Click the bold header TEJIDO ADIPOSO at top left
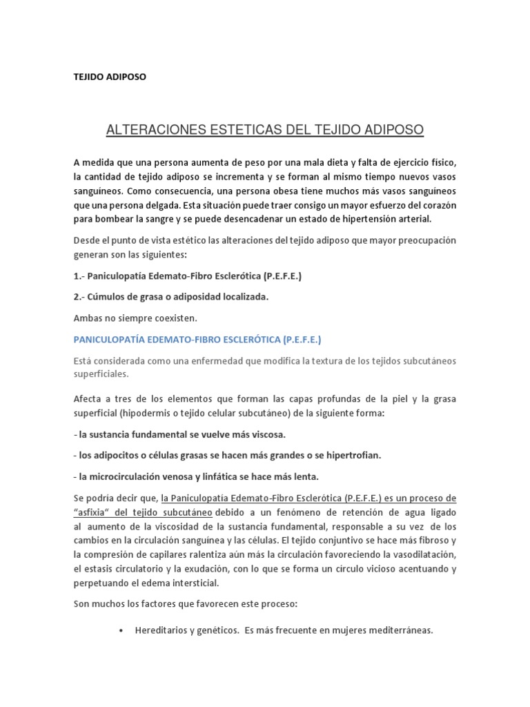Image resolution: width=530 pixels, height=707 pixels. coord(110,77)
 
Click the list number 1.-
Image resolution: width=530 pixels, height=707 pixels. coord(79,275)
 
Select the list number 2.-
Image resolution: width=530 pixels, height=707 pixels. coord(79,296)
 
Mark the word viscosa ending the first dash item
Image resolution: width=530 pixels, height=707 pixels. coord(263,435)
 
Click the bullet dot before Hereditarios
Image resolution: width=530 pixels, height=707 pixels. coord(121,630)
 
